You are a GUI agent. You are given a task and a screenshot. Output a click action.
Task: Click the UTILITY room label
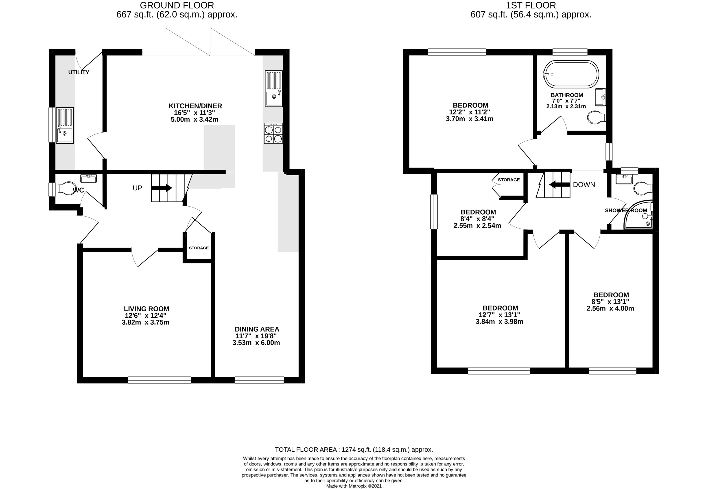pyautogui.click(x=79, y=72)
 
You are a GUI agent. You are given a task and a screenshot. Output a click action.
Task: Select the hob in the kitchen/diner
pyautogui.click(x=273, y=133)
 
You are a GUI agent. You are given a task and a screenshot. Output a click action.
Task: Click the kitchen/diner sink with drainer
pyautogui.click(x=273, y=89)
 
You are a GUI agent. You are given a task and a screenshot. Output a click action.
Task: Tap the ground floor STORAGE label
pyautogui.click(x=199, y=248)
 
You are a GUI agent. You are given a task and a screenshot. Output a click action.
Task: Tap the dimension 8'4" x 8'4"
pyautogui.click(x=477, y=219)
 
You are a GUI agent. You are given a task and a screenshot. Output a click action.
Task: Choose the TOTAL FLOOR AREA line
pyautogui.click(x=354, y=450)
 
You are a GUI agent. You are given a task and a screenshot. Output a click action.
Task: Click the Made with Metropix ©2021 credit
pyautogui.click(x=354, y=486)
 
